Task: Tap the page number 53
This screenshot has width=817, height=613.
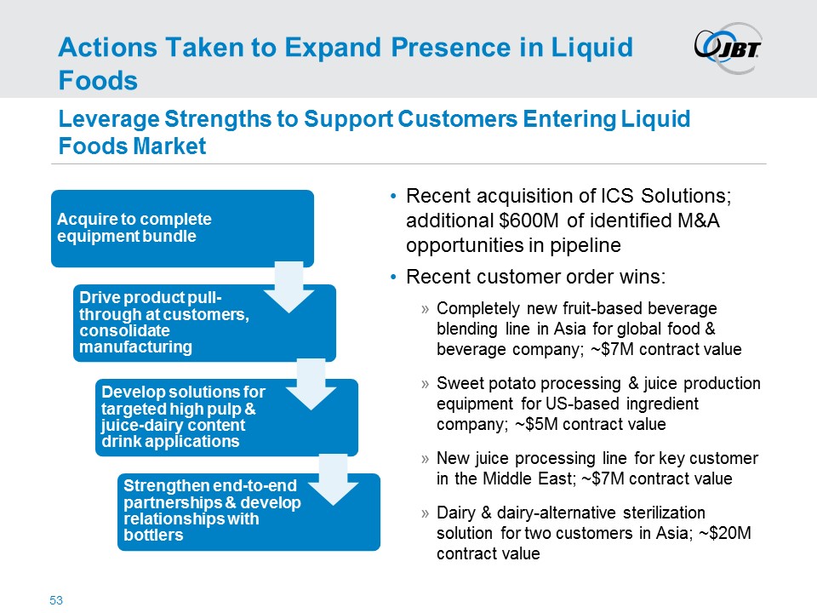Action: click(56, 601)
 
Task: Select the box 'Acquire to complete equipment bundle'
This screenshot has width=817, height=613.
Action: click(170, 227)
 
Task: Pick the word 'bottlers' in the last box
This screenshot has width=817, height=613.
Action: click(153, 536)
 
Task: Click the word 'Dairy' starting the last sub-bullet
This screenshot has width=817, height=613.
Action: click(454, 513)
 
